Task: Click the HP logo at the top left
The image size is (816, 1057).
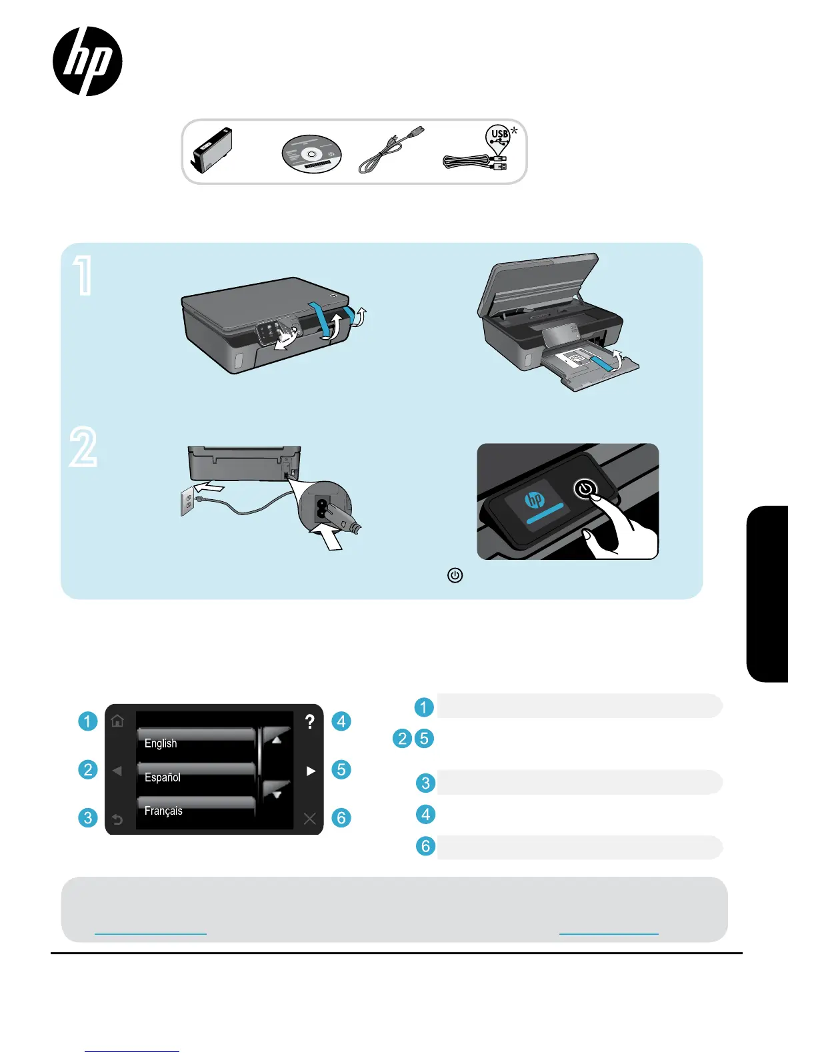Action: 87,61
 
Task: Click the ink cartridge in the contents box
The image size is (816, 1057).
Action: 213,149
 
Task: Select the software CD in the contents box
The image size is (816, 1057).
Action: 311,154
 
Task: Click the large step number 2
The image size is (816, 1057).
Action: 83,447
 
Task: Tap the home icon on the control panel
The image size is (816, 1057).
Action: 117,721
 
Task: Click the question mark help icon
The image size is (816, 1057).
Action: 309,721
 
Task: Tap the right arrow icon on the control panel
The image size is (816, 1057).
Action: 310,771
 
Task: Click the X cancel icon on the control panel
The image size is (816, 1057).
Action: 309,819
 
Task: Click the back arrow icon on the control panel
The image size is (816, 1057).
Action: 117,819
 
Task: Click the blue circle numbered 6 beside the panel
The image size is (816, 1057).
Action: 341,817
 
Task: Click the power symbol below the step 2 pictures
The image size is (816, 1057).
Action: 455,575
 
